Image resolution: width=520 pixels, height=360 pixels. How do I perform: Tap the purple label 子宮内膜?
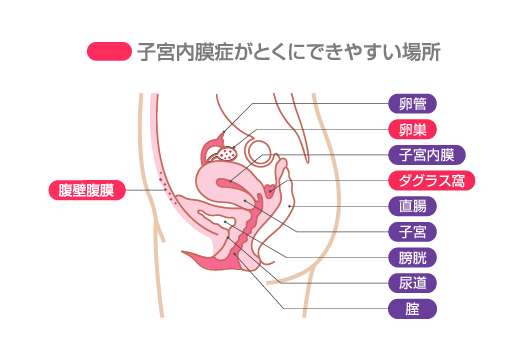426,155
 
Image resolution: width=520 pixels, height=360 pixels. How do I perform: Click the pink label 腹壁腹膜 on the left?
86,190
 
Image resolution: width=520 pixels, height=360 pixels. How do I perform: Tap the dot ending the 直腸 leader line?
290,205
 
